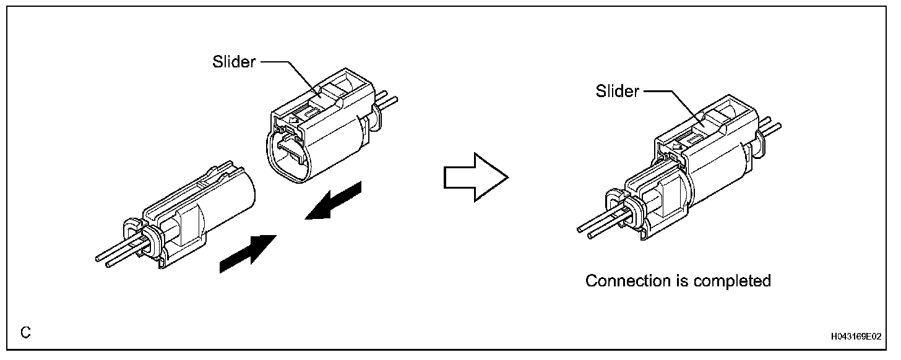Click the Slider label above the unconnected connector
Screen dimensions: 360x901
point(234,62)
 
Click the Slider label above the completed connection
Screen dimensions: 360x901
point(617,92)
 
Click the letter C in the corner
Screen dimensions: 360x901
point(25,333)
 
